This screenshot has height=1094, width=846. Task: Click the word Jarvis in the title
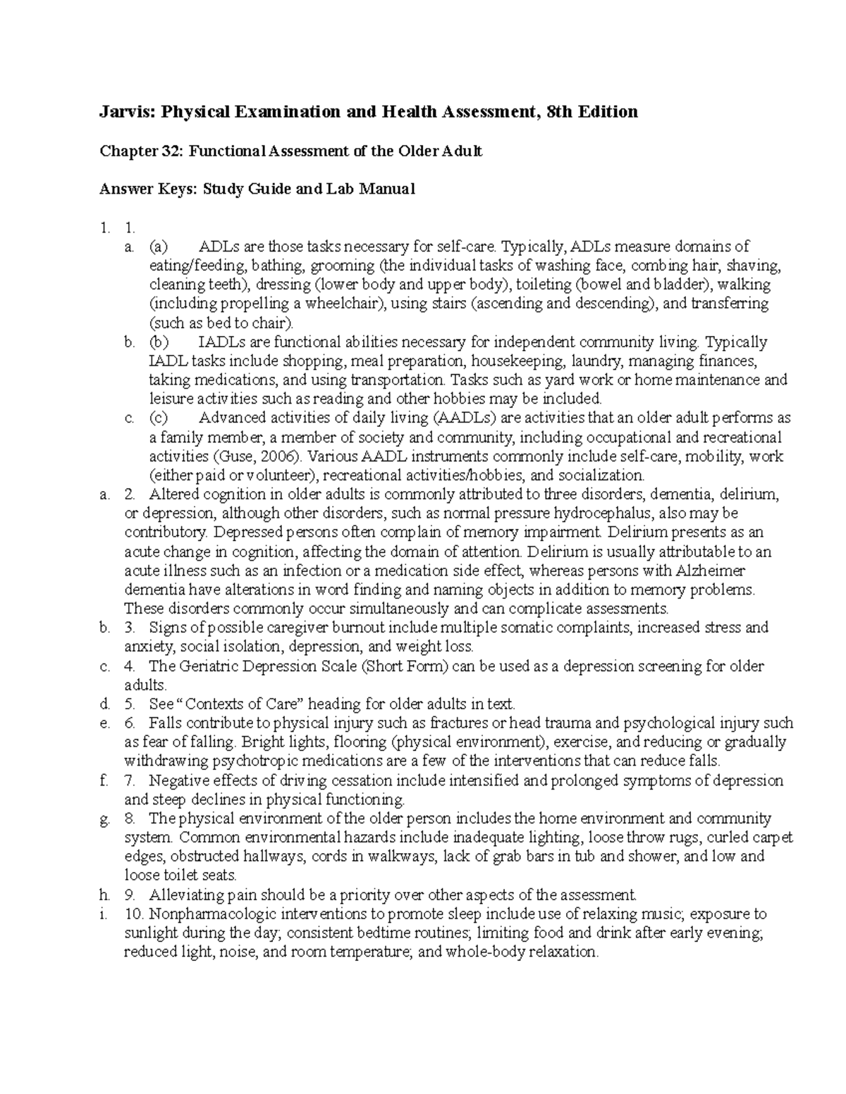point(123,111)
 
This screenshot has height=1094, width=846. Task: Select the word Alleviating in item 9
point(185,895)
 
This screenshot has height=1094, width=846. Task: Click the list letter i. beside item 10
point(104,914)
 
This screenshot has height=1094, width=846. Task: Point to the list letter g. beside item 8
point(104,819)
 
